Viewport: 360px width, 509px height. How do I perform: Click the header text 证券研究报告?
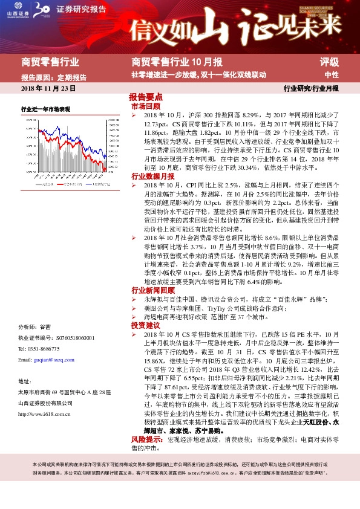81,10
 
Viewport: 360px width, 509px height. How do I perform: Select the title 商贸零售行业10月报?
177,61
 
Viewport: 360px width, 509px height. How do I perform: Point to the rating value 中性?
331,76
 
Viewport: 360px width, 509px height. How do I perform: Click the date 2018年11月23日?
48,89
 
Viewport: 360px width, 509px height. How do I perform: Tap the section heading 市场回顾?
143,106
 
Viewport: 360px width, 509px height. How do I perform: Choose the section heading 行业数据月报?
149,176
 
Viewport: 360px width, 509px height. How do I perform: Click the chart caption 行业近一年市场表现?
45,109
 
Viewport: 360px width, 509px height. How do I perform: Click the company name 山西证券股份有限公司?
47,403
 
